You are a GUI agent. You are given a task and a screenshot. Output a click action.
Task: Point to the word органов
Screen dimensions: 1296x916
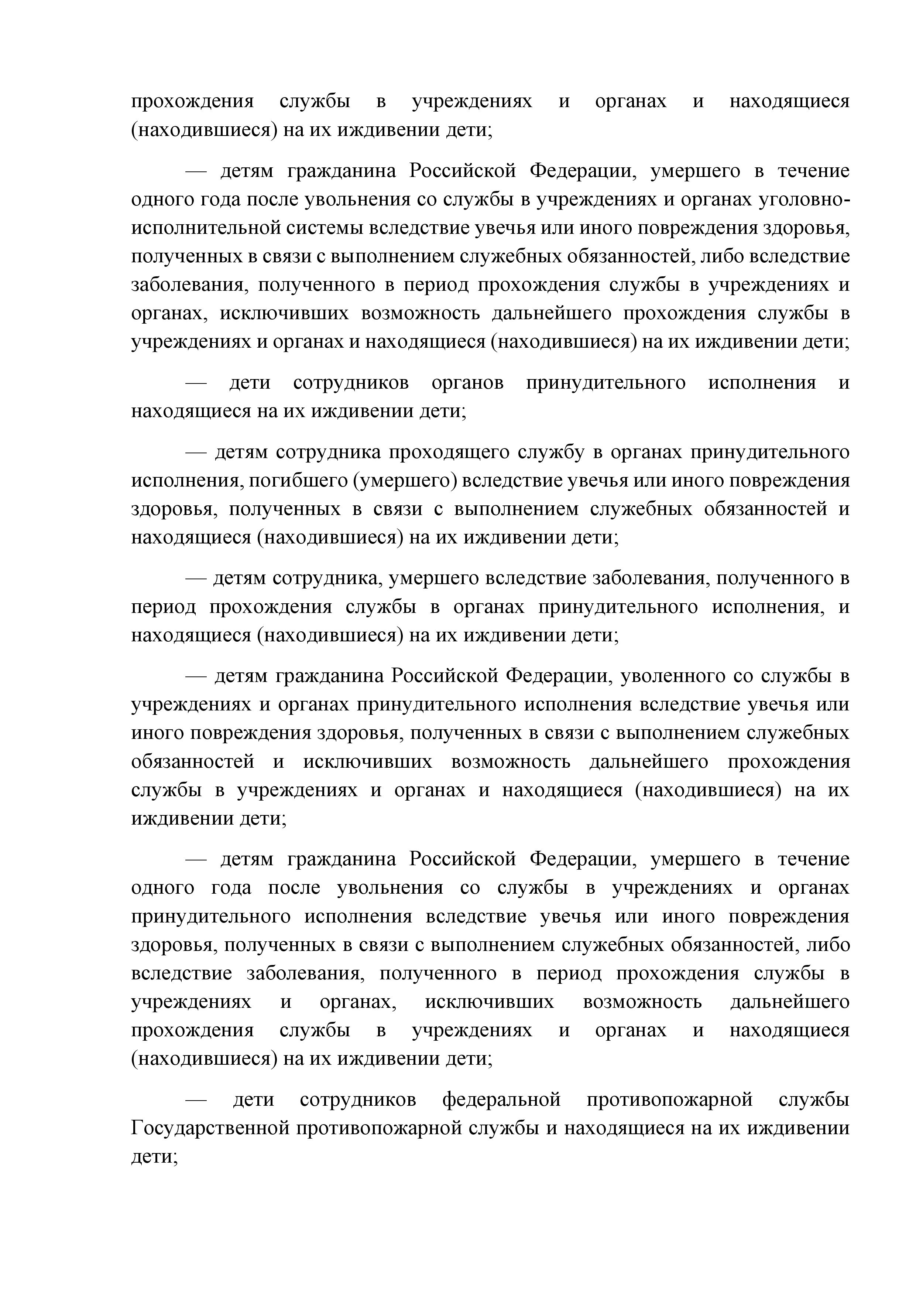click(x=467, y=383)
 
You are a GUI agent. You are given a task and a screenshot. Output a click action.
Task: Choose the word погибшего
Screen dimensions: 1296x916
click(x=298, y=481)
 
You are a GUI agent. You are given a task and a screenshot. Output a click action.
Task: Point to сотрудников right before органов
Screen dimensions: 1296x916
click(x=351, y=383)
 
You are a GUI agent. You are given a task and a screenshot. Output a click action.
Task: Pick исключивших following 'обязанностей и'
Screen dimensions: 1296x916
click(x=368, y=762)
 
